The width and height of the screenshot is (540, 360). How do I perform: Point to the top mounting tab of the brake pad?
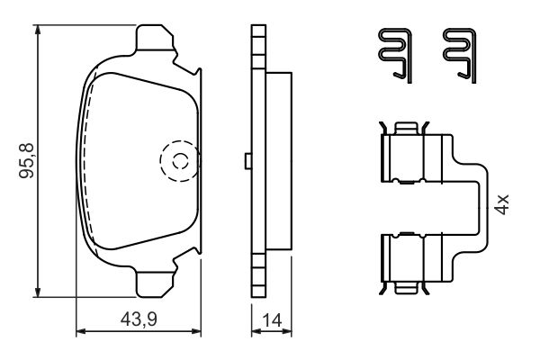(154, 40)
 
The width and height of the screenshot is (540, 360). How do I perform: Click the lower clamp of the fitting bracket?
(414, 262)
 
